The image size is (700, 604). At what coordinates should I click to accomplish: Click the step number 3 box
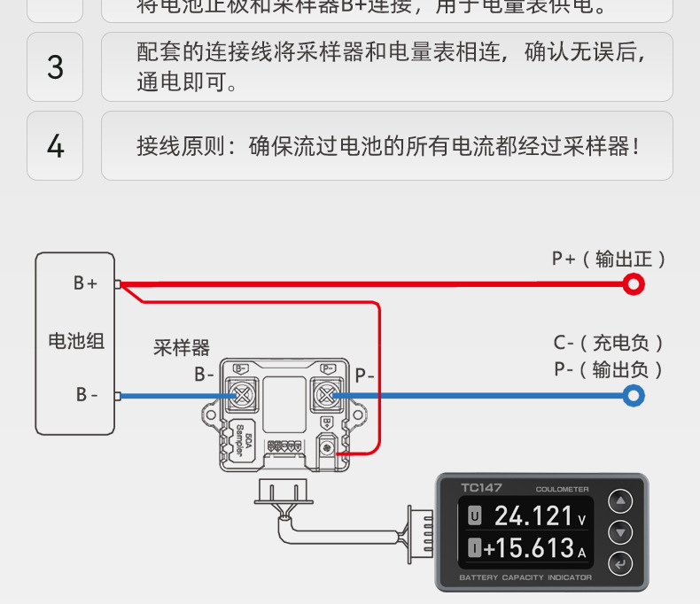(55, 67)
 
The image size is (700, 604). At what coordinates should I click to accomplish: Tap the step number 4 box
(55, 146)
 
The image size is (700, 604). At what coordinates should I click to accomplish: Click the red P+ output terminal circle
(633, 284)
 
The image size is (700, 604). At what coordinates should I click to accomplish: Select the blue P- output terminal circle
(633, 396)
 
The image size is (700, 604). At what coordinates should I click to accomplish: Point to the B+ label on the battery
(85, 283)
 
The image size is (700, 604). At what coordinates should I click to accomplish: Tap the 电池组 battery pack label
(75, 340)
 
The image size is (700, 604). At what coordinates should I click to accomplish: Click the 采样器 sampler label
(182, 347)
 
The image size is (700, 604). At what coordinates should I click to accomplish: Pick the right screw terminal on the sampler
(327, 395)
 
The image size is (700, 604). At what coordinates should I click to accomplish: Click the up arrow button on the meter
(621, 502)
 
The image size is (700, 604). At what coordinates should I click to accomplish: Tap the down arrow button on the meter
(621, 532)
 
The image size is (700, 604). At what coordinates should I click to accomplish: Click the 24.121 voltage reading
(534, 515)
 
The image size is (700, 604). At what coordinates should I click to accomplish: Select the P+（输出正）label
(609, 259)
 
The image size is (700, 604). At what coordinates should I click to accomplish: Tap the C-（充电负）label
(609, 343)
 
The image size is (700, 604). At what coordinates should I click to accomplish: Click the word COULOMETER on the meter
(562, 489)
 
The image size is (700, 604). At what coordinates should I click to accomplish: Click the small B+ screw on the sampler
(328, 447)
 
